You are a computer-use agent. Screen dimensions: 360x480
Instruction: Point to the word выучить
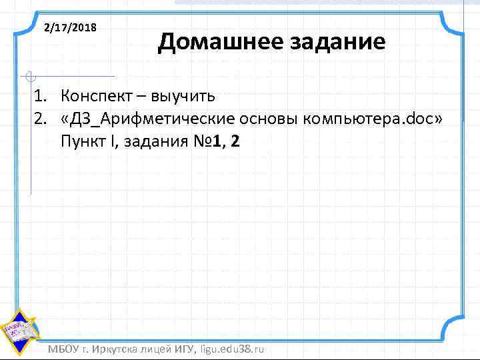click(x=182, y=96)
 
